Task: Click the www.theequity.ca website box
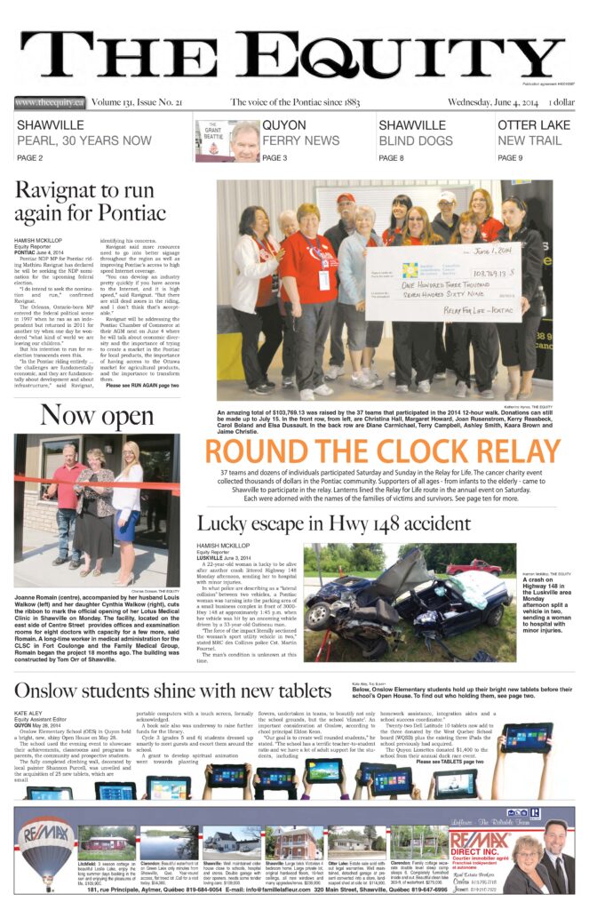(51, 103)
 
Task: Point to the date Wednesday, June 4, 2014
(513, 103)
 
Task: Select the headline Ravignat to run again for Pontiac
(91, 202)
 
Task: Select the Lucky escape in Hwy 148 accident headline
(346, 524)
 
